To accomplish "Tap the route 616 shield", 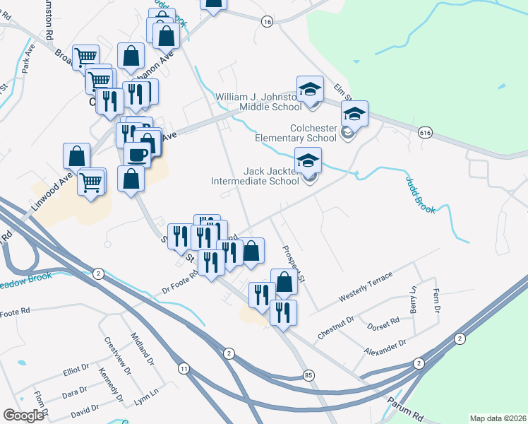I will (425, 132).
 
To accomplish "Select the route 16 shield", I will (266, 23).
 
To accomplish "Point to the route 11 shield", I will (184, 369).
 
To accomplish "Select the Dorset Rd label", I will (383, 324).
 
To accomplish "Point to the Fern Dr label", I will (436, 302).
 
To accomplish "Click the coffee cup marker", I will (137, 153).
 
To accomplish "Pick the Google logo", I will (23, 416).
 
